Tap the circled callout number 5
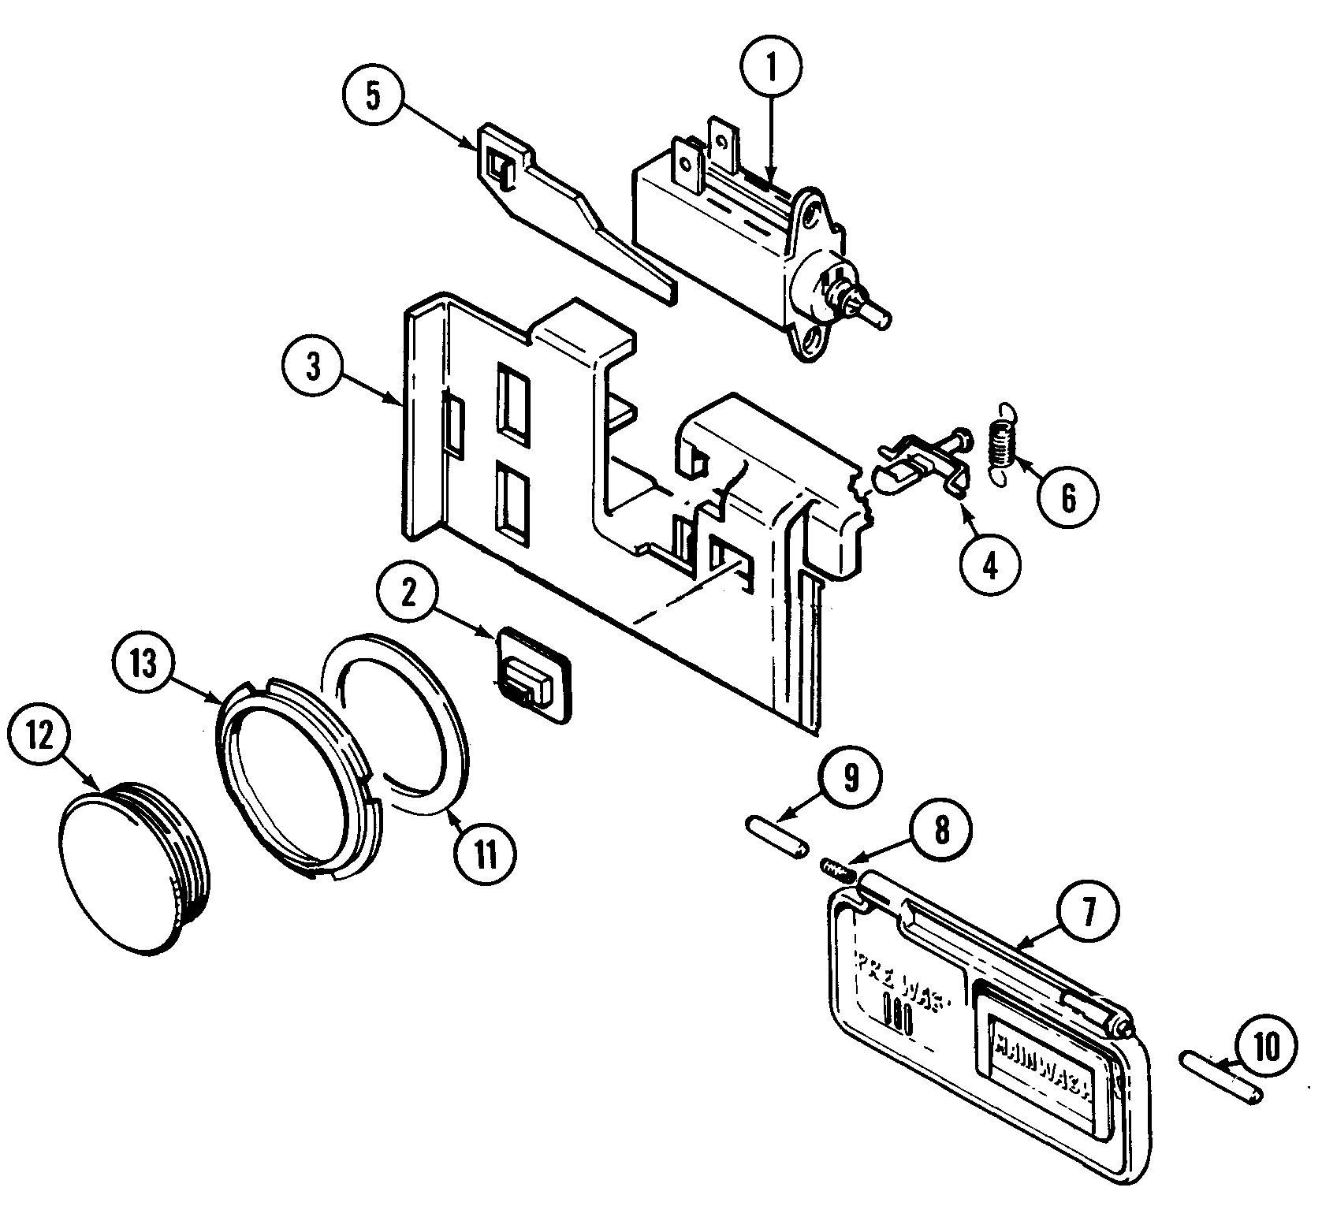[x=373, y=98]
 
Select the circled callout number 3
[x=313, y=368]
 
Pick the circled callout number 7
[x=1087, y=912]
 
